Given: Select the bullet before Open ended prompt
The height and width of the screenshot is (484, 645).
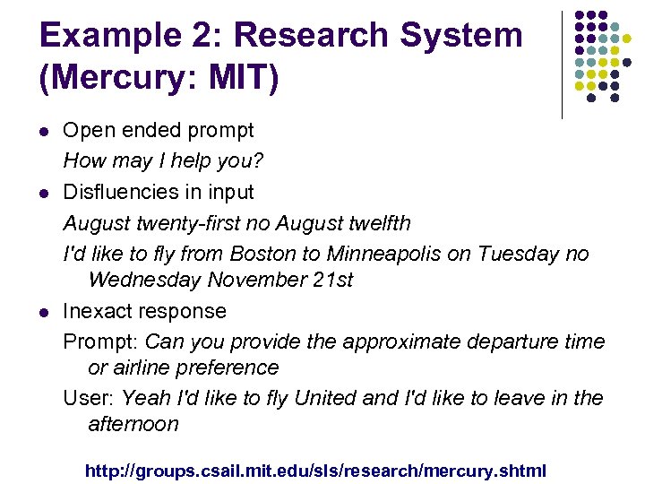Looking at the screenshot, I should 43,131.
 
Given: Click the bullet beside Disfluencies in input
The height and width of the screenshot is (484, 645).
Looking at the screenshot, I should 43,193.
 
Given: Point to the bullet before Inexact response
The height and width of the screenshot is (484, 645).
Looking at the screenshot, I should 43,312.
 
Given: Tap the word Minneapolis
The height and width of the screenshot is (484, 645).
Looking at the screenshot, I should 384,254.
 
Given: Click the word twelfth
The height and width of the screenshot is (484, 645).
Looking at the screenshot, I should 377,221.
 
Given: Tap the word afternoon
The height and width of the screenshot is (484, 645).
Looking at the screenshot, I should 133,424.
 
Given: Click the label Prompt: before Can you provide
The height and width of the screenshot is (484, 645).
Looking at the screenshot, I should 100,341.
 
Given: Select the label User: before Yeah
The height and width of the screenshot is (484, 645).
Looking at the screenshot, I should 89,398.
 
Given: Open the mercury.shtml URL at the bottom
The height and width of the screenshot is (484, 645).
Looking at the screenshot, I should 314,470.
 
